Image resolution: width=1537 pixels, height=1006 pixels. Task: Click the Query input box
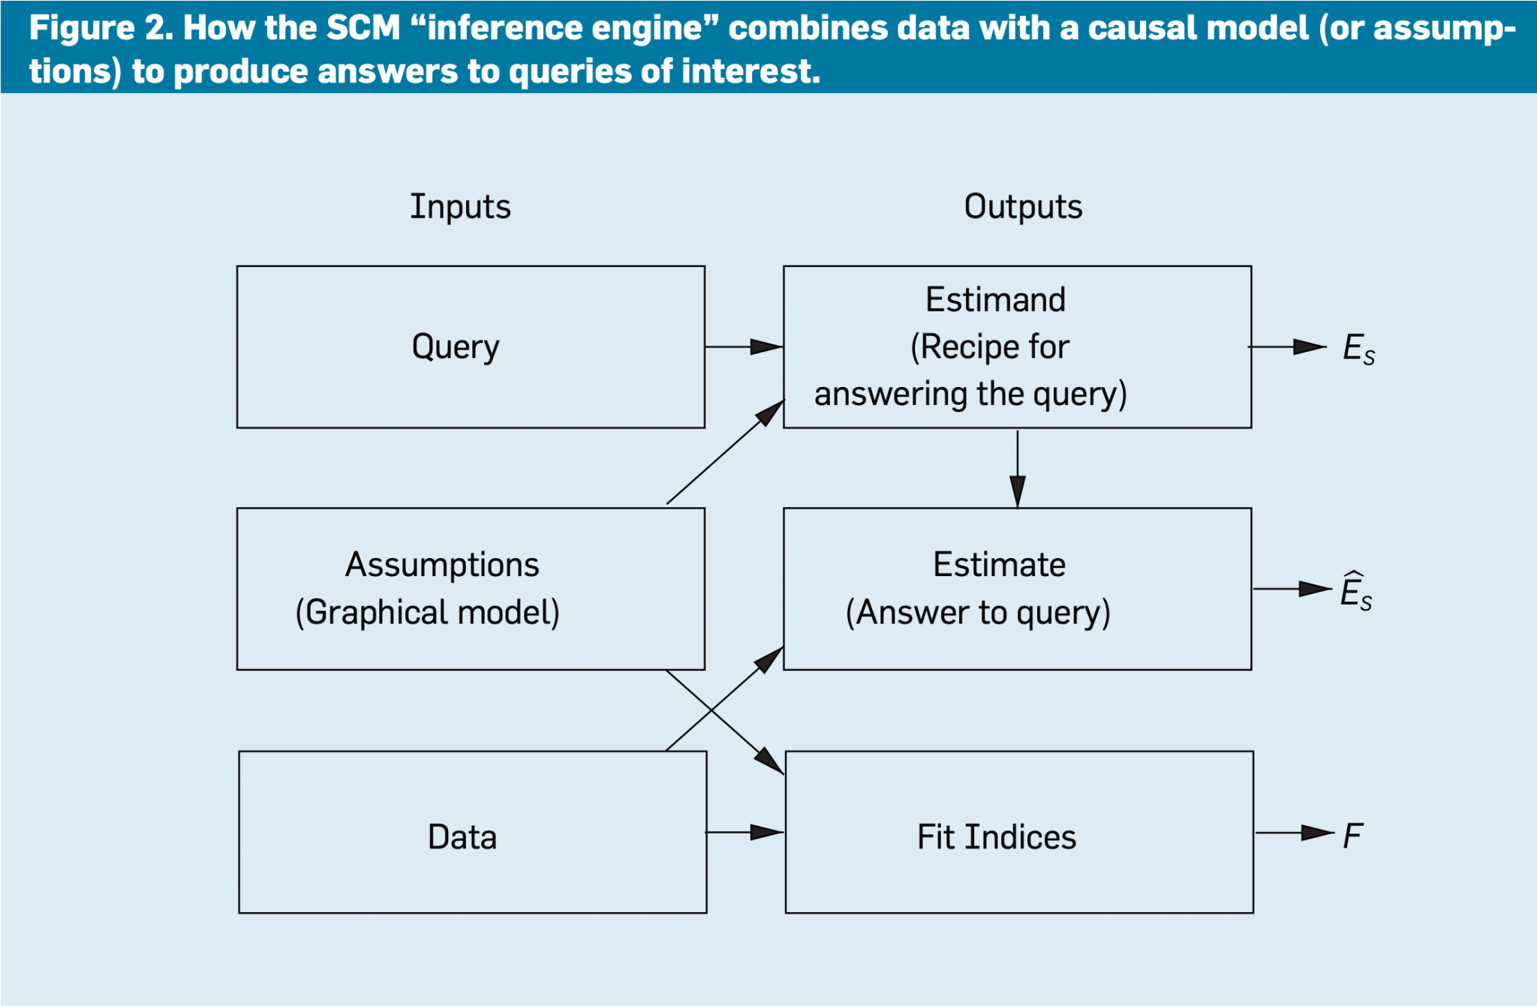click(x=471, y=347)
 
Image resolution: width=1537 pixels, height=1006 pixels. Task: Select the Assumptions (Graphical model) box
click(x=471, y=589)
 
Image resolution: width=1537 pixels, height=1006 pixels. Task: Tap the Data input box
click(x=472, y=832)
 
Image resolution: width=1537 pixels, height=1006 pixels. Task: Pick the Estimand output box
click(x=1017, y=347)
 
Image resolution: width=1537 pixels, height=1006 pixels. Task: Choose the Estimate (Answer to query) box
click(x=1017, y=589)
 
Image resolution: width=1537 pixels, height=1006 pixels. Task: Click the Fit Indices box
click(x=1018, y=832)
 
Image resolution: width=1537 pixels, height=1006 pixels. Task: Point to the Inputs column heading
click(x=460, y=206)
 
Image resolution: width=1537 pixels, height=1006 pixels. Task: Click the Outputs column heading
click(x=1023, y=206)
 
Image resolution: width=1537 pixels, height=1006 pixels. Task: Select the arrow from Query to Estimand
click(x=744, y=347)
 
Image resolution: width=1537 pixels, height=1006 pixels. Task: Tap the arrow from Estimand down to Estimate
click(x=1018, y=468)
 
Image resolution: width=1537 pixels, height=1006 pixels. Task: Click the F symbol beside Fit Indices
click(x=1352, y=835)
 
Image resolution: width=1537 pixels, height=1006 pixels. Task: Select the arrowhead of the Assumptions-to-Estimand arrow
click(x=771, y=412)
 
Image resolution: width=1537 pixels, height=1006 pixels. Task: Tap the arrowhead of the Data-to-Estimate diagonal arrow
click(x=770, y=659)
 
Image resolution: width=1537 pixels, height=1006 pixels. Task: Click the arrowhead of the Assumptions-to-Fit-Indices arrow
click(x=771, y=761)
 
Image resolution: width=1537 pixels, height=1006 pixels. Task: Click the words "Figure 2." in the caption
click(x=101, y=29)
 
